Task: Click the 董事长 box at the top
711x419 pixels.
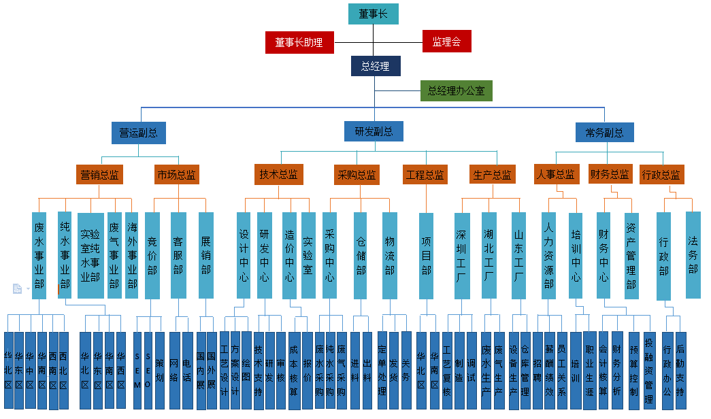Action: [373, 14]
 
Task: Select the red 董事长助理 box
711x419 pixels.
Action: [299, 42]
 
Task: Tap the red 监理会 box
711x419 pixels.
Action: [446, 41]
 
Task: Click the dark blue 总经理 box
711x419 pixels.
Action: [376, 66]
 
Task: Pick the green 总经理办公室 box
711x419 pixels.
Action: [456, 90]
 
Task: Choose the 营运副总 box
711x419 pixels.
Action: [138, 133]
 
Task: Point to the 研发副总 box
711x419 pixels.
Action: [374, 131]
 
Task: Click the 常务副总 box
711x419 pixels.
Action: [604, 133]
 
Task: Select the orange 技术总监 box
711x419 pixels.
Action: [278, 174]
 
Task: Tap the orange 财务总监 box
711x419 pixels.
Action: [609, 174]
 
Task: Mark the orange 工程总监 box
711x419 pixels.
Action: [425, 175]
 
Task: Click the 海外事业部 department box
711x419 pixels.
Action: [132, 255]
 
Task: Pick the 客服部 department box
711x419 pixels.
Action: [178, 255]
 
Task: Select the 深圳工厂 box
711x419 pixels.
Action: [461, 255]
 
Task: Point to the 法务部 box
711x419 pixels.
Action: [693, 255]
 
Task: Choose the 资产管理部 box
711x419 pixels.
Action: [631, 255]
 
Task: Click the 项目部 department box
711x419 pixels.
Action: [426, 255]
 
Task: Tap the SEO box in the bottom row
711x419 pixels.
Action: [148, 370]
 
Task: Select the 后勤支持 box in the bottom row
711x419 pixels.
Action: [680, 370]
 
